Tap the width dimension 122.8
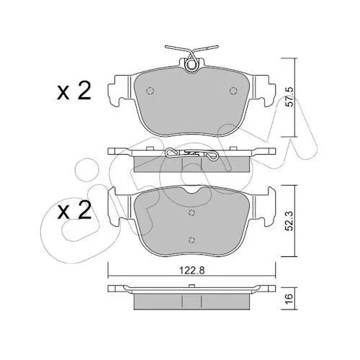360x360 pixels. click(192, 271)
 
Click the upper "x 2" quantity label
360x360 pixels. click(74, 91)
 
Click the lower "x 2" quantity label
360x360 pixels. click(74, 210)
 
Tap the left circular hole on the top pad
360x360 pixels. click(150, 91)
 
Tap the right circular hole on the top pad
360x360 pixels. click(233, 91)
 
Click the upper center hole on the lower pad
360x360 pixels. click(192, 212)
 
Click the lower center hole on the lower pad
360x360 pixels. click(192, 240)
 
